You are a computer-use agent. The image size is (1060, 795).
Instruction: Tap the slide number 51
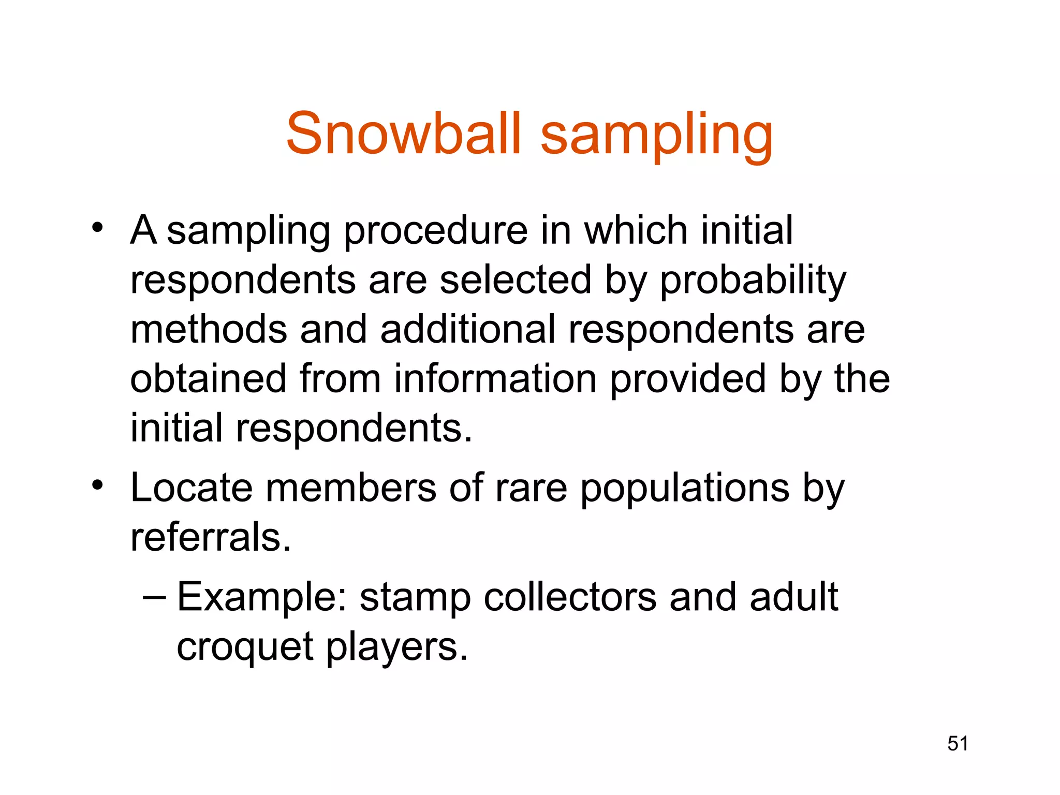click(958, 743)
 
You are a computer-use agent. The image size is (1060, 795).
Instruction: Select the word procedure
click(436, 230)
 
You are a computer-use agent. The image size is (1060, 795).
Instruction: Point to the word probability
click(753, 280)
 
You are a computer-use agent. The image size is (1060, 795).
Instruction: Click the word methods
click(209, 329)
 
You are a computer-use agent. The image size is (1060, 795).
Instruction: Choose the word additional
click(467, 329)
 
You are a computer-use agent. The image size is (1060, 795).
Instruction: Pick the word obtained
click(208, 379)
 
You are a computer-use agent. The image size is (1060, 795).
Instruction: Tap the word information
click(495, 379)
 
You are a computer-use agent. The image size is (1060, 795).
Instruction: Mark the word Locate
click(192, 488)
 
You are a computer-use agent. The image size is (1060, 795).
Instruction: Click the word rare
click(531, 489)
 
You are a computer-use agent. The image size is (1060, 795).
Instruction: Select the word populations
click(685, 489)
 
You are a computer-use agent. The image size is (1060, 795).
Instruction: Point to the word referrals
click(211, 537)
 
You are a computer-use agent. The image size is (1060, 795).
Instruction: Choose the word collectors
click(570, 597)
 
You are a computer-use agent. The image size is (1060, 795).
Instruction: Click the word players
click(397, 647)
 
